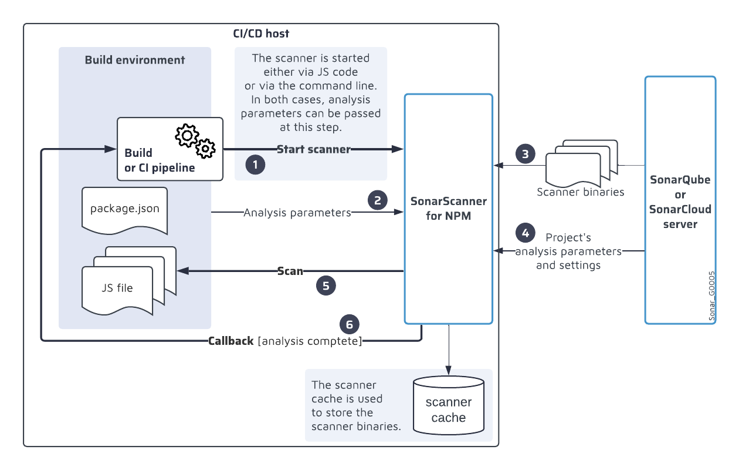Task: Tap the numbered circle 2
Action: point(378,200)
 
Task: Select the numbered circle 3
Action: point(525,154)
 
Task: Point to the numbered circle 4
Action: point(525,233)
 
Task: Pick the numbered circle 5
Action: point(326,286)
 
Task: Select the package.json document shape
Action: point(125,209)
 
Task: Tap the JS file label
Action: point(117,288)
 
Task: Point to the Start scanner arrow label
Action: point(313,149)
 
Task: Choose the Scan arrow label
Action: point(290,271)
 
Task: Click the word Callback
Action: point(231,341)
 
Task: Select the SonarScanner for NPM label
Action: point(448,208)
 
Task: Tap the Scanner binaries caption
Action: point(581,192)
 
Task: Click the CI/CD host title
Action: point(261,33)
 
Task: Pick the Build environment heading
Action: point(135,60)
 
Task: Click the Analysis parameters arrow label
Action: point(297,213)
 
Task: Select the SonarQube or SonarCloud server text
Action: point(680,202)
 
